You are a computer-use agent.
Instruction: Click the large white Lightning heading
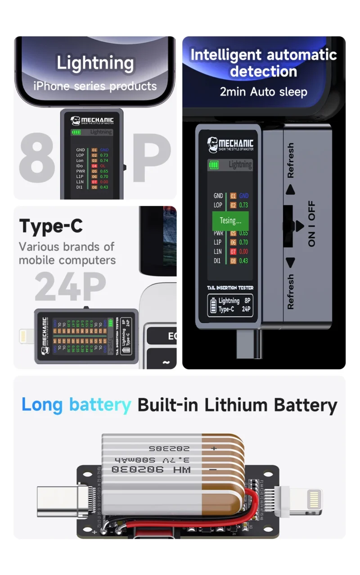click(x=95, y=63)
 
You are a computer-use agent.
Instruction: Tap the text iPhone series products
click(x=95, y=86)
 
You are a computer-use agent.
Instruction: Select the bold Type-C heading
click(x=51, y=226)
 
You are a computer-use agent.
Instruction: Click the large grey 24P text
click(x=71, y=287)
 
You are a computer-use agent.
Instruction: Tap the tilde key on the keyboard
click(x=166, y=363)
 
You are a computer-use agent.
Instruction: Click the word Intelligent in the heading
click(x=225, y=55)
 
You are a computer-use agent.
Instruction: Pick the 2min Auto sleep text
click(x=263, y=92)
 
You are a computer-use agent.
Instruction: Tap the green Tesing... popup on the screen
click(x=230, y=220)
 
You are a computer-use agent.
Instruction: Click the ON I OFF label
click(x=312, y=224)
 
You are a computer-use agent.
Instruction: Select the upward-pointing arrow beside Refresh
click(x=290, y=189)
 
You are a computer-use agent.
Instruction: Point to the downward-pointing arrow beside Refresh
click(x=290, y=263)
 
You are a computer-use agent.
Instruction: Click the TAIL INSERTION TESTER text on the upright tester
click(x=230, y=287)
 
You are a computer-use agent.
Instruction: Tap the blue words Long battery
click(x=76, y=405)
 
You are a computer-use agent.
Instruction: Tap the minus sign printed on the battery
click(x=213, y=470)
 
